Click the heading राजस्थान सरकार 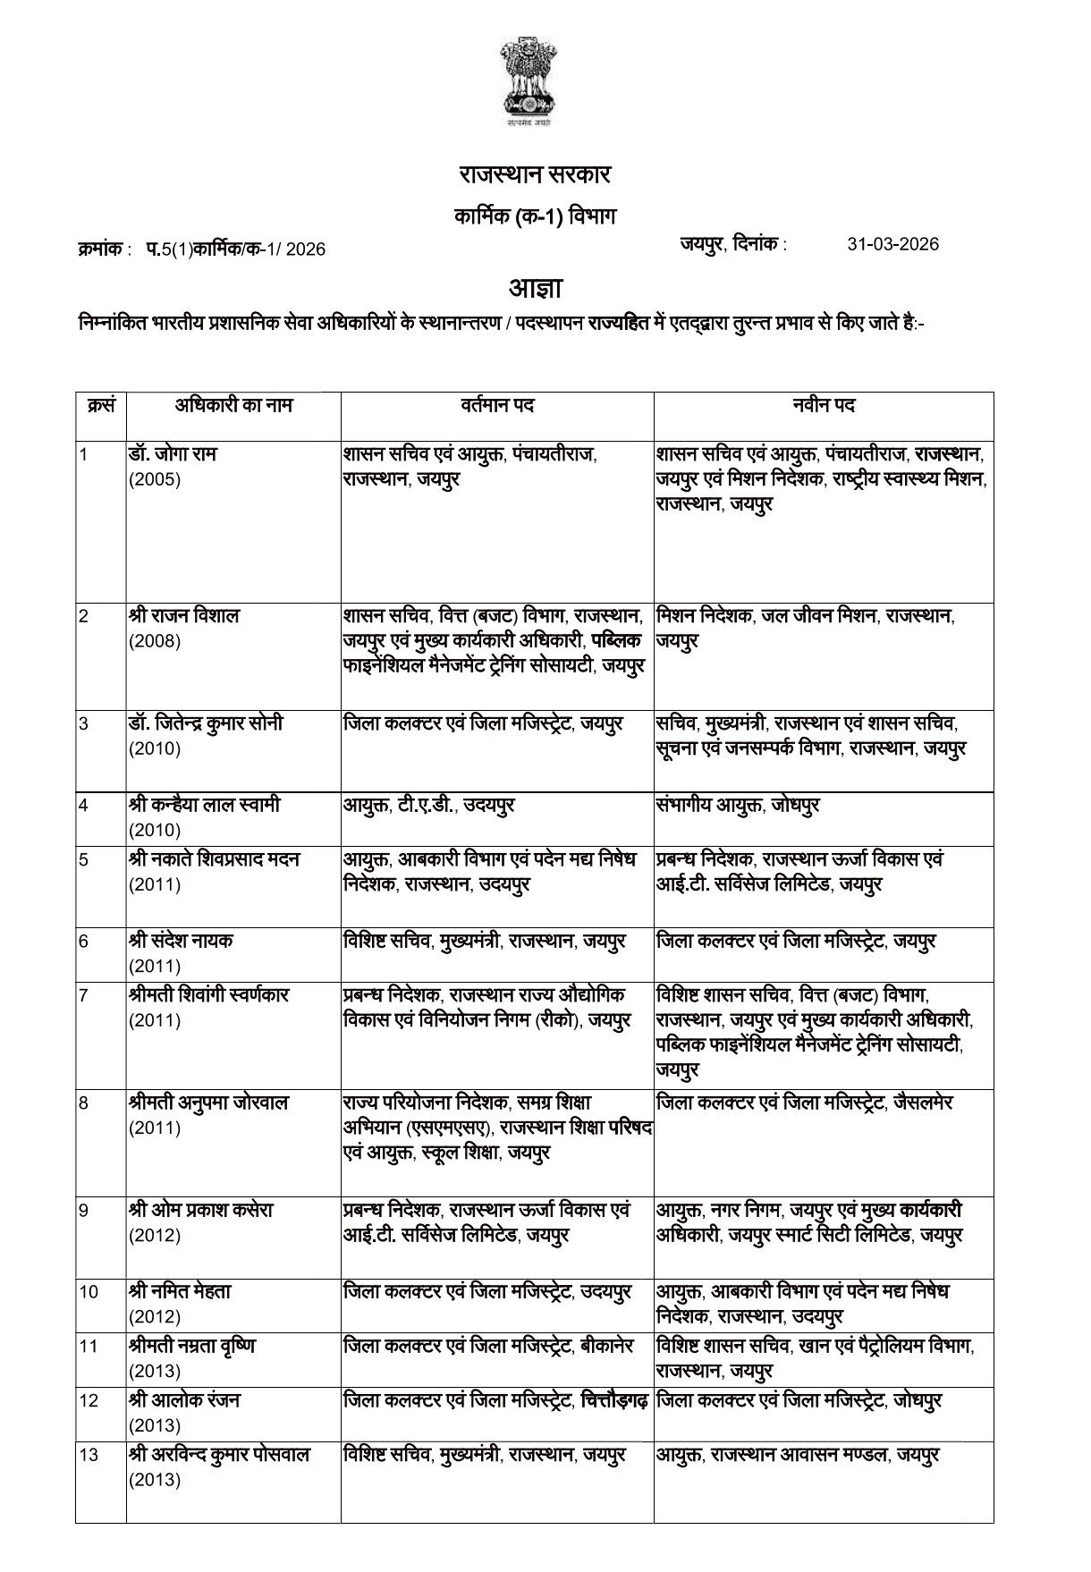point(535,175)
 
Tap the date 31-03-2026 point(892,244)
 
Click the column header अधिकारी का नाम point(233,405)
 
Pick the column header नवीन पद point(824,405)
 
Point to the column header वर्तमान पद point(497,405)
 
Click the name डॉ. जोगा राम point(172,454)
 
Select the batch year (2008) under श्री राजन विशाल point(154,641)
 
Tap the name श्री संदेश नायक point(181,941)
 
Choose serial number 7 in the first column point(84,995)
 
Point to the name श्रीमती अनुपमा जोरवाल point(207,1103)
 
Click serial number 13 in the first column point(88,1455)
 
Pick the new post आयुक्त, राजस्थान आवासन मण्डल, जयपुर point(798,1455)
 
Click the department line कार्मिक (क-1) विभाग point(535,217)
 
